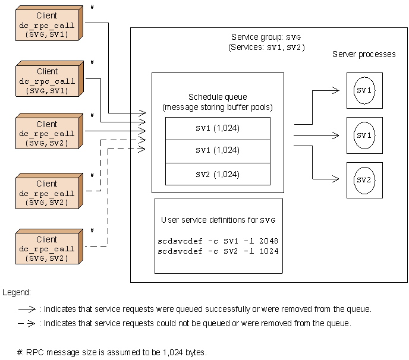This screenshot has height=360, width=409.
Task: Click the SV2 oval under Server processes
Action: pyautogui.click(x=364, y=179)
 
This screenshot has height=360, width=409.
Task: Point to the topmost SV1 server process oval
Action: pyautogui.click(x=364, y=90)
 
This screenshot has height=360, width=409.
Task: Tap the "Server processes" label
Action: pyautogui.click(x=364, y=54)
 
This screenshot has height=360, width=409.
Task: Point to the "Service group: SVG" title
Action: pyautogui.click(x=266, y=37)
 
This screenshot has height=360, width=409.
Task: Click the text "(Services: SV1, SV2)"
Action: pyautogui.click(x=266, y=46)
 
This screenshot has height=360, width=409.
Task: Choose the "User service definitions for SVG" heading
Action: pyautogui.click(x=219, y=220)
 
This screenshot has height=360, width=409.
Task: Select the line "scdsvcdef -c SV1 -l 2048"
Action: pyautogui.click(x=218, y=241)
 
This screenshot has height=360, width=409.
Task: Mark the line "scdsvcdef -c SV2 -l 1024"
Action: pyautogui.click(x=218, y=251)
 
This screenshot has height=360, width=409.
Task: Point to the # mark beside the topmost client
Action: pyautogui.click(x=92, y=7)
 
